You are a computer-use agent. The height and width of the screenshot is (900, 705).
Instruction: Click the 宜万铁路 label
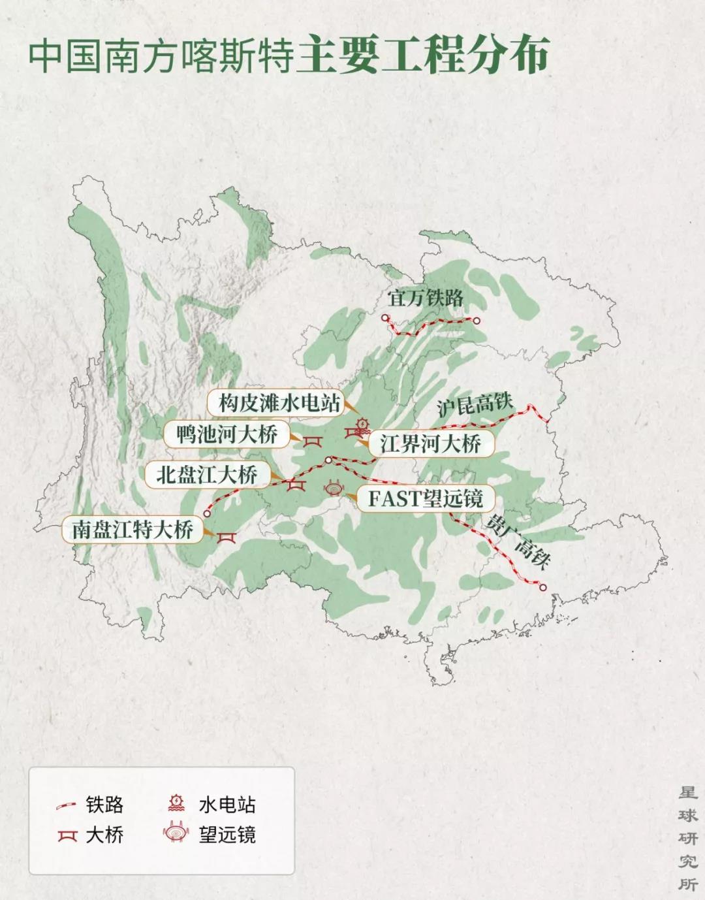click(425, 298)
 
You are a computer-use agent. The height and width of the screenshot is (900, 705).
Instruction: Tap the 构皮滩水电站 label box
click(279, 404)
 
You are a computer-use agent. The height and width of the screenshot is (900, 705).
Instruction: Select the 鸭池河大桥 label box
click(227, 434)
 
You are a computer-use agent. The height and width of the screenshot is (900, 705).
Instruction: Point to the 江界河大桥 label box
click(431, 445)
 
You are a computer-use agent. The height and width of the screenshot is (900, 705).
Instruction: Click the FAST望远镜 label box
click(425, 498)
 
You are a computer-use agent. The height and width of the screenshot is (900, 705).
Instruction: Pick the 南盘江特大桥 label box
click(133, 529)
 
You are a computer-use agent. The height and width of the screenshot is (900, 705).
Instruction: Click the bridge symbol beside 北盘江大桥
click(296, 485)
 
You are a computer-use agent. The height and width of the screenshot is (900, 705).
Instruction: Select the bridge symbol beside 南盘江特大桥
click(226, 537)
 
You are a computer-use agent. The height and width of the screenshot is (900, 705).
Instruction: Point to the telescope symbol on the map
click(334, 489)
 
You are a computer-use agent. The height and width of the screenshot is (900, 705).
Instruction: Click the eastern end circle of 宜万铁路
click(477, 320)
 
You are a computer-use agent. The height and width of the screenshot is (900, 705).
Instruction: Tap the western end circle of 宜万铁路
click(385, 319)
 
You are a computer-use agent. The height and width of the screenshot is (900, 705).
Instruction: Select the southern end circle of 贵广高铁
click(542, 587)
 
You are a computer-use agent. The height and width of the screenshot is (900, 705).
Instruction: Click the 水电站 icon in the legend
click(176, 804)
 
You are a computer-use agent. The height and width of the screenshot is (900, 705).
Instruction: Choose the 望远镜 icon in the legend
click(176, 834)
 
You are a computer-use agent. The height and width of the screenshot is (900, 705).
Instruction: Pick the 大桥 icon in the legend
click(67, 835)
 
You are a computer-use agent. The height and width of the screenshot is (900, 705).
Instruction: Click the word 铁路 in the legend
click(104, 805)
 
